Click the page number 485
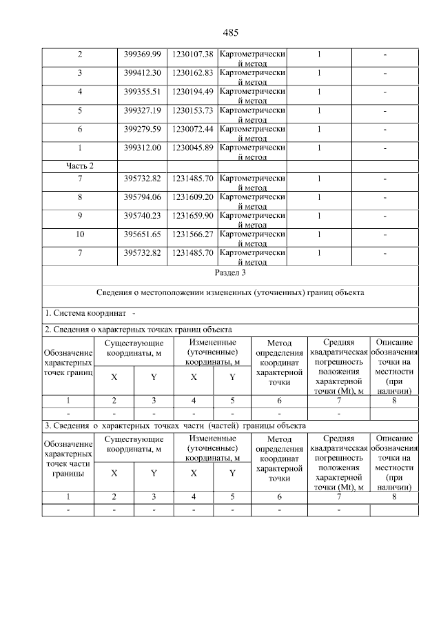tap(230, 32)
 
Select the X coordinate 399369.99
tap(142, 54)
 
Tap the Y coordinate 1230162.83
tap(192, 72)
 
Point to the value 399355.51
tap(142, 91)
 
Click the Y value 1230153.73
tap(192, 110)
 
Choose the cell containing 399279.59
tap(142, 128)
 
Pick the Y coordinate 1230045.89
tap(192, 147)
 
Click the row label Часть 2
tap(80, 165)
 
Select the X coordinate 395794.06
tap(142, 197)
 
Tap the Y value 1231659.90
tap(192, 215)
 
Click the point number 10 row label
tap(80, 234)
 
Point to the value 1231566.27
tap(192, 234)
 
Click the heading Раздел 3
tap(230, 274)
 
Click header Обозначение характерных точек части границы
tap(68, 459)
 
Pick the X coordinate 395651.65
tap(142, 234)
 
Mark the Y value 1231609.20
tap(192, 197)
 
